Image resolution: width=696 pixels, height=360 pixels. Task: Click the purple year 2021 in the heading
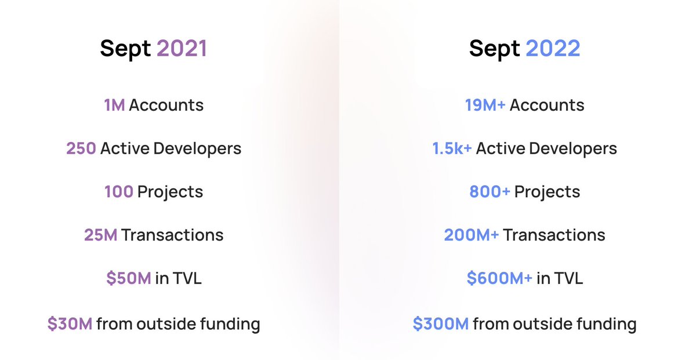point(182,49)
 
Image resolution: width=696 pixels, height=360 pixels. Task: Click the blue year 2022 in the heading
point(553,49)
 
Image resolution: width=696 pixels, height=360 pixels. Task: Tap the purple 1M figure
point(114,106)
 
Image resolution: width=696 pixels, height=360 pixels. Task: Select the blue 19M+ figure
point(485,106)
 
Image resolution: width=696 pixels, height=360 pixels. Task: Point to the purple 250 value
point(81,148)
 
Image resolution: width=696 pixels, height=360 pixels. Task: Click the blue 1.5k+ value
point(452,148)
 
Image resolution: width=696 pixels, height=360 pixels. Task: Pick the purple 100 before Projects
point(118,192)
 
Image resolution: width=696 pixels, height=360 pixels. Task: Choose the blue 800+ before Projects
point(490,192)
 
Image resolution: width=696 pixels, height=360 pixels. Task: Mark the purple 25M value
point(100,235)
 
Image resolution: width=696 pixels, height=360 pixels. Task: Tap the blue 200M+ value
point(471,235)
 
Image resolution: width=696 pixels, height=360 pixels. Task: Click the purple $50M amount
point(129,278)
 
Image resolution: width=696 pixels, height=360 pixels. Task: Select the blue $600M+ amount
point(499,278)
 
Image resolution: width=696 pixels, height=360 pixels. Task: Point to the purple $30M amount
point(70,323)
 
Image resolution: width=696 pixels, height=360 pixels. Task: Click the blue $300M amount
point(440,323)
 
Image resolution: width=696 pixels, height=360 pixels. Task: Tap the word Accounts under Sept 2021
point(166,106)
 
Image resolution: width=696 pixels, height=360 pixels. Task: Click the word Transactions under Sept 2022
point(554,235)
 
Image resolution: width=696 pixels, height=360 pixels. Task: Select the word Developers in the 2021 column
point(197,148)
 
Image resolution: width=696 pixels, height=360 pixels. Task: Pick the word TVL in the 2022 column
point(568,278)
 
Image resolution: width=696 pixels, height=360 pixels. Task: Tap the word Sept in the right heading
point(495,49)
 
